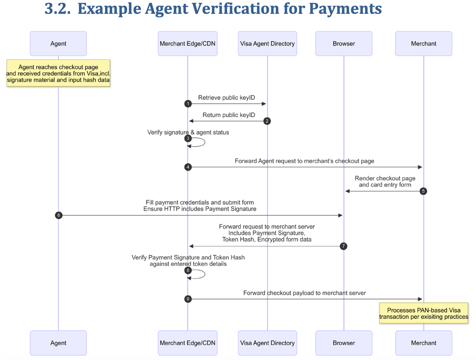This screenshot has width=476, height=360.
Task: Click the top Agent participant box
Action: pos(58,44)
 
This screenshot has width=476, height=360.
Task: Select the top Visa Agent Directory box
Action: pos(267,44)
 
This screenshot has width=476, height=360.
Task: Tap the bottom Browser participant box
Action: pos(344,343)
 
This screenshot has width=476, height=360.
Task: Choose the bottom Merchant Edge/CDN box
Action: pos(188,343)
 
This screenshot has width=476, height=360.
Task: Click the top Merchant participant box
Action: pos(424,44)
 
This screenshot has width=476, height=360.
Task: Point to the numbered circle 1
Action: pos(188,104)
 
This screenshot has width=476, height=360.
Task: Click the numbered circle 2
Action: pos(267,121)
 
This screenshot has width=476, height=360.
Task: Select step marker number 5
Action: pos(424,191)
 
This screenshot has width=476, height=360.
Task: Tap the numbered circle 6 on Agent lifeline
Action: pos(59,215)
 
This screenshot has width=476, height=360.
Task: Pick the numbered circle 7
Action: pos(344,246)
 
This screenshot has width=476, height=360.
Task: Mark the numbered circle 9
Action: pos(188,299)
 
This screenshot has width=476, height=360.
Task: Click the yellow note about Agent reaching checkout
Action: pos(58,73)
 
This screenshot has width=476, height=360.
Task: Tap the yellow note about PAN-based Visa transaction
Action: pos(424,313)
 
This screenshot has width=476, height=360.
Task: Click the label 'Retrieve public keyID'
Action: pos(226,98)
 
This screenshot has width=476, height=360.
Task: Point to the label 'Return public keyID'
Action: pos(229,115)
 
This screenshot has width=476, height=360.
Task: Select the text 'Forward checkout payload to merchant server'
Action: pos(305,293)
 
